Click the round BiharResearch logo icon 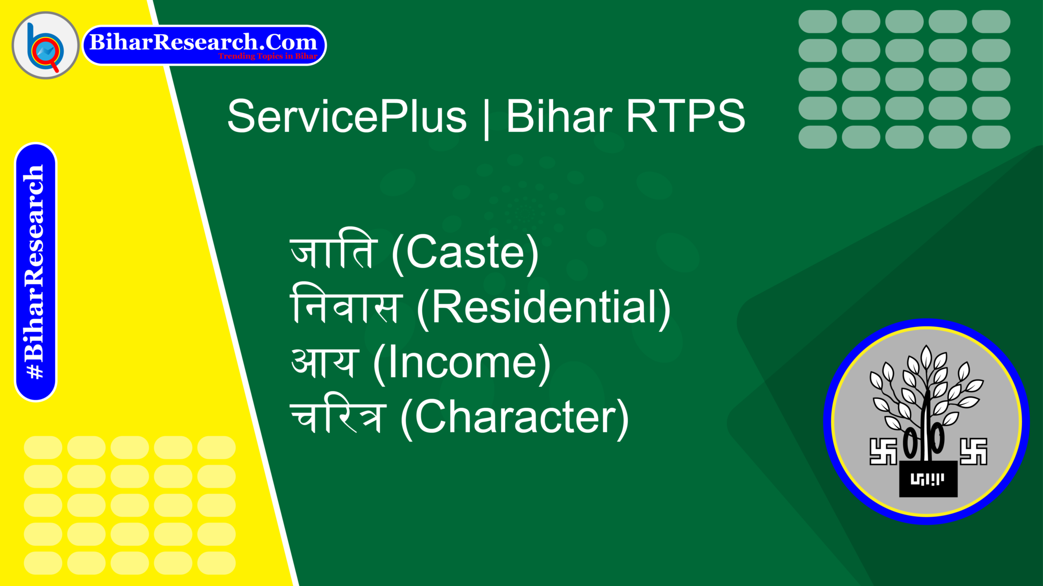pyautogui.click(x=45, y=45)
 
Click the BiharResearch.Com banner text pyautogui.click(x=203, y=42)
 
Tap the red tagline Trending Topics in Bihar pyautogui.click(x=268, y=56)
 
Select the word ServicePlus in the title pyautogui.click(x=347, y=117)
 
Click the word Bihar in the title pyautogui.click(x=559, y=117)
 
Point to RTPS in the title pyautogui.click(x=685, y=117)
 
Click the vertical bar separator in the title pyautogui.click(x=486, y=118)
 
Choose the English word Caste pyautogui.click(x=465, y=253)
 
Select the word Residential pyautogui.click(x=543, y=308)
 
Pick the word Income pyautogui.click(x=462, y=362)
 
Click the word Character pyautogui.click(x=515, y=417)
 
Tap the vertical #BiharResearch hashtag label pyautogui.click(x=35, y=272)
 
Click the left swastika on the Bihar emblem pyautogui.click(x=883, y=451)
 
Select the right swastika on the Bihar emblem pyautogui.click(x=973, y=451)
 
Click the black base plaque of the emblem pyautogui.click(x=928, y=479)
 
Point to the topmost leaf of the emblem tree pyautogui.click(x=926, y=357)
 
